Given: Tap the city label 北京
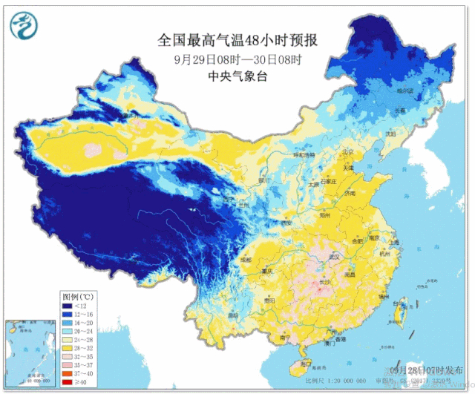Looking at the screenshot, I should (x=347, y=153).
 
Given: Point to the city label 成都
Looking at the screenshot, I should (x=246, y=260).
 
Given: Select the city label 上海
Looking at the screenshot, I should (x=393, y=243).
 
